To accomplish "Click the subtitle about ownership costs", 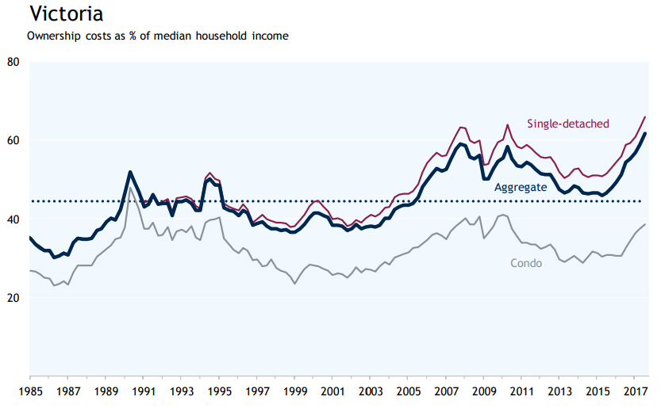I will [157, 36].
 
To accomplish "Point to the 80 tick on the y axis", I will [13, 62].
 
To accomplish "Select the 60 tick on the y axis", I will [13, 140].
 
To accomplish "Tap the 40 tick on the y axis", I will [13, 219].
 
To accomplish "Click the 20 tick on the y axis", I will [13, 298].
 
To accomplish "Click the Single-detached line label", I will [568, 124].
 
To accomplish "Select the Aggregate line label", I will [521, 188].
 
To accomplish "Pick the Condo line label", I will [526, 262].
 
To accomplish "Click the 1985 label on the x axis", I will [29, 391].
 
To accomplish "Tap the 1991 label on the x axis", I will [144, 391].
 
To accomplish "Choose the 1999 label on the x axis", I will [295, 391].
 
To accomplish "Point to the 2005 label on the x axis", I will [409, 391].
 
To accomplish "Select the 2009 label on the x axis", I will [484, 391].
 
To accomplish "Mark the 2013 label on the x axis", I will [560, 391].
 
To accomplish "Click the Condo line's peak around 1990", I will [130, 187].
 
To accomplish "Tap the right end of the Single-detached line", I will [645, 116].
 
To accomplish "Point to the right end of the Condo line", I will [645, 224].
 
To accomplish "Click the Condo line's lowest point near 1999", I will [295, 284].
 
